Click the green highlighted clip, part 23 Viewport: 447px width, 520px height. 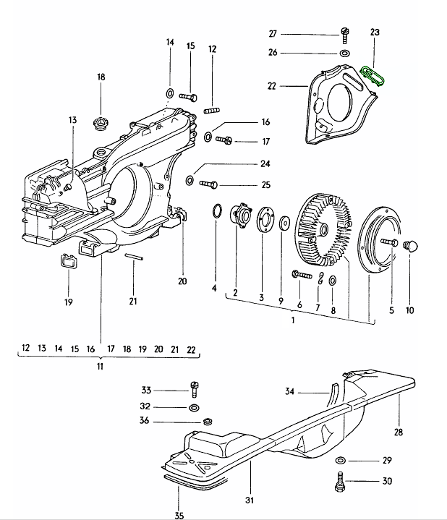(x=372, y=74)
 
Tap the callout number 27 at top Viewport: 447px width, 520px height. (x=273, y=34)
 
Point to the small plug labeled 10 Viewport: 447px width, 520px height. (x=410, y=245)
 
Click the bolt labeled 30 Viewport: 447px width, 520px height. (x=340, y=481)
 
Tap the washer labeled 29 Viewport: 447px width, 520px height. (x=340, y=461)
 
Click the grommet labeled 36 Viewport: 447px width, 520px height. (x=208, y=422)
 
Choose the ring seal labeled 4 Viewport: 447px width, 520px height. (x=216, y=210)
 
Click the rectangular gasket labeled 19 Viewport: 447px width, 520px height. (x=69, y=261)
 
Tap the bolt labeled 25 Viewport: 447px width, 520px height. (x=208, y=184)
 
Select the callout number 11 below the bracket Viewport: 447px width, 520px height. (x=100, y=367)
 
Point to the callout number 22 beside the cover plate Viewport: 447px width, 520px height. (x=272, y=86)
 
